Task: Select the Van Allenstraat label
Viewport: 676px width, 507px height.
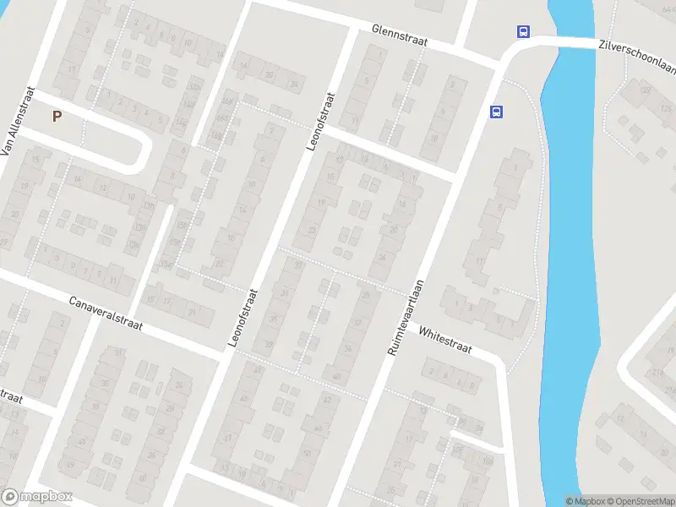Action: click(17, 121)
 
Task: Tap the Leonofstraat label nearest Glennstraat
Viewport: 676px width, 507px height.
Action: click(321, 121)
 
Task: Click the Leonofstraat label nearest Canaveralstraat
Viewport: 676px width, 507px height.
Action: click(243, 317)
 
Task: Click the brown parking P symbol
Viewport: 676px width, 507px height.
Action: click(57, 117)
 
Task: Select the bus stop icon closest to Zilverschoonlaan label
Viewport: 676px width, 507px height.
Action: click(524, 32)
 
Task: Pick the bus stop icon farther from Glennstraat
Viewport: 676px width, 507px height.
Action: click(496, 111)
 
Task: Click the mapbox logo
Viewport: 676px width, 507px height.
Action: click(36, 497)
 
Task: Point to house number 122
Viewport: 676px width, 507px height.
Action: click(646, 90)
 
